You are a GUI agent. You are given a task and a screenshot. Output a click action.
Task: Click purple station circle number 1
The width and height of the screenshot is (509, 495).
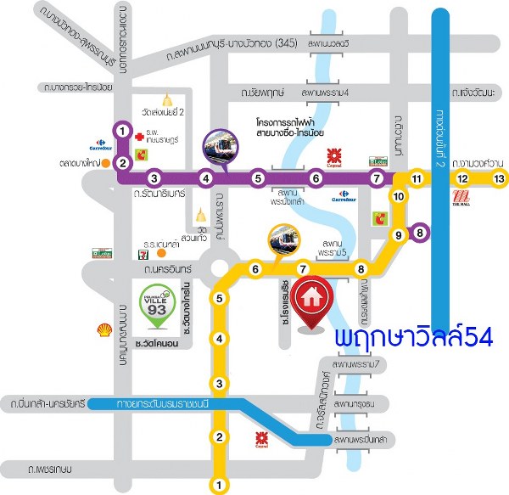[x=124, y=131]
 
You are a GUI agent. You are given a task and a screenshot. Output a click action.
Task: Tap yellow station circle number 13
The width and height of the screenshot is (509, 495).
[x=499, y=178]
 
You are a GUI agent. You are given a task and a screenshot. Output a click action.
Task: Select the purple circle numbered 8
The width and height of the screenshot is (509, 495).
[x=418, y=233]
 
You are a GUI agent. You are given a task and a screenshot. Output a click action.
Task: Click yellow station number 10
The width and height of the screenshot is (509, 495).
[x=400, y=196]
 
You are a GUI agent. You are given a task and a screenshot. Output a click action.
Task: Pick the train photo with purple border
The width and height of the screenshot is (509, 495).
[x=221, y=147]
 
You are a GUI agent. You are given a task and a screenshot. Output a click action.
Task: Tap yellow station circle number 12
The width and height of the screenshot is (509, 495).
[x=462, y=178]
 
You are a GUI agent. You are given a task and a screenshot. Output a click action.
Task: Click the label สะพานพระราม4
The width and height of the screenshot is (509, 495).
[x=324, y=91]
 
